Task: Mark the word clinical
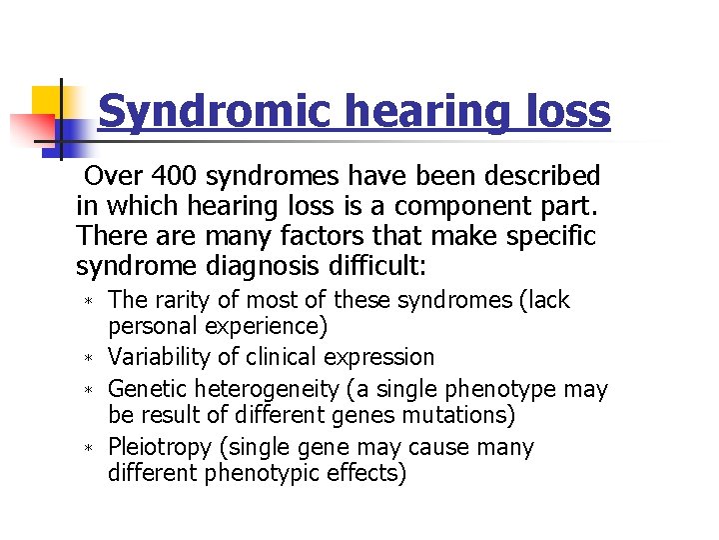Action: tap(273, 357)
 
